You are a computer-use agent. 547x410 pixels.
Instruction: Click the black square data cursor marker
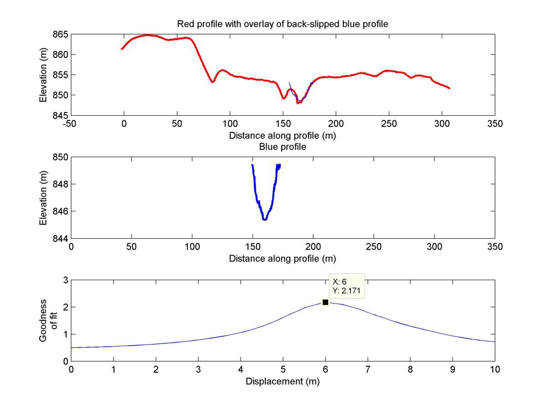pyautogui.click(x=325, y=302)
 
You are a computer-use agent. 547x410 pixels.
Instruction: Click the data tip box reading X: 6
pyautogui.click(x=347, y=286)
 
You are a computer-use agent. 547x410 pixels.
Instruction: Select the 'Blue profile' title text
pyautogui.click(x=283, y=147)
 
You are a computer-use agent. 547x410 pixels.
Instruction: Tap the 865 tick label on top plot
pyautogui.click(x=61, y=35)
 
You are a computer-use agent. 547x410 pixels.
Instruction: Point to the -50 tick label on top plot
pyautogui.click(x=71, y=124)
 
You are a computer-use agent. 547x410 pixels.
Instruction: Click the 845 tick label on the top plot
pyautogui.click(x=61, y=115)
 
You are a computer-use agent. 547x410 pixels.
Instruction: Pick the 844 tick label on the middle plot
pyautogui.click(x=61, y=238)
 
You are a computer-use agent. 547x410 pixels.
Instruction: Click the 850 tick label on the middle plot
pyautogui.click(x=61, y=157)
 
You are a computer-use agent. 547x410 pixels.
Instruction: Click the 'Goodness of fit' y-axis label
pyautogui.click(x=46, y=320)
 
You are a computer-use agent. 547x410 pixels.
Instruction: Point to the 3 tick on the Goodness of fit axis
pyautogui.click(x=65, y=280)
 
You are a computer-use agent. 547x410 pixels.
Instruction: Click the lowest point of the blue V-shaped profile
pyautogui.click(x=264, y=220)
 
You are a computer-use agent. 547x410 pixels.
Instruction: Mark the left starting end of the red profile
pyautogui.click(x=122, y=49)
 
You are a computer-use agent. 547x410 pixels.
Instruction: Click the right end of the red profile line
pyautogui.click(x=449, y=88)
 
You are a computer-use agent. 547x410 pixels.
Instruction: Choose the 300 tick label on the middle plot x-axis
pyautogui.click(x=434, y=247)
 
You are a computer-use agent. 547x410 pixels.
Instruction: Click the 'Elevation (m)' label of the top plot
pyautogui.click(x=43, y=75)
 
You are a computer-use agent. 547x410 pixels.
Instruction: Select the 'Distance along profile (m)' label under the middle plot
pyautogui.click(x=283, y=259)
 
